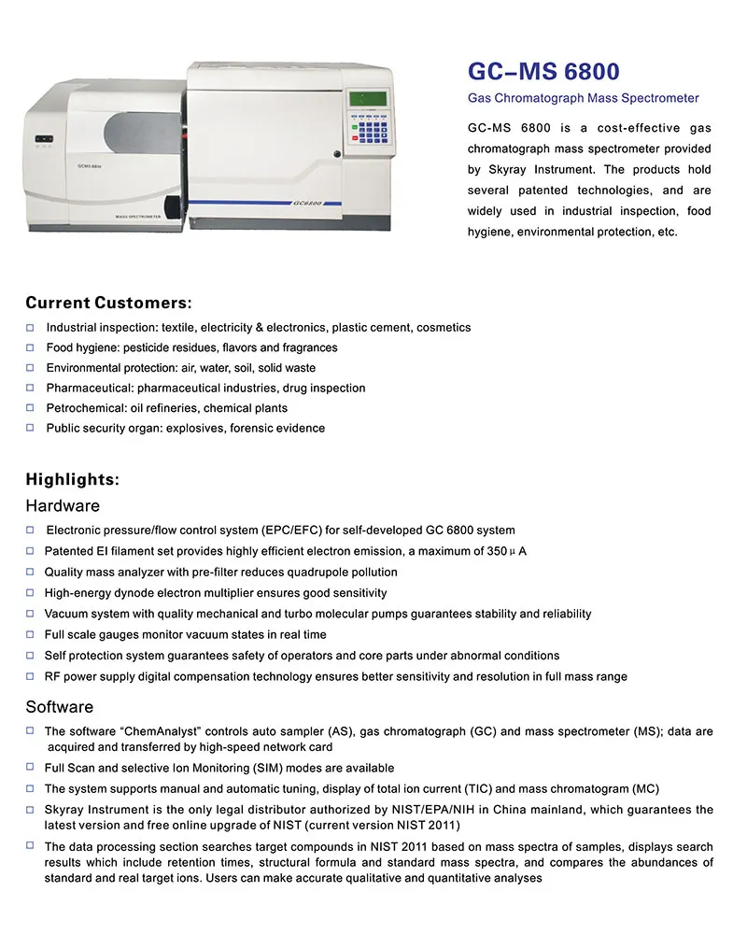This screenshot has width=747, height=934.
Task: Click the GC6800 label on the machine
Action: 307,203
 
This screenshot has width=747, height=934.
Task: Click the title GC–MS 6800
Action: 543,72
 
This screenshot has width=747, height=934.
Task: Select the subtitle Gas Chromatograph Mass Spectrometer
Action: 583,98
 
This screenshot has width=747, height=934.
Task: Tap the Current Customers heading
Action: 108,303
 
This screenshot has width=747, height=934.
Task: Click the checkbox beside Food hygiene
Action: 30,347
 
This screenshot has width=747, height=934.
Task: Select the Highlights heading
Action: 72,480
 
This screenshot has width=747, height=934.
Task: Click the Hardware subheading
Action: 63,505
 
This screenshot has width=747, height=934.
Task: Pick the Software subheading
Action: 59,706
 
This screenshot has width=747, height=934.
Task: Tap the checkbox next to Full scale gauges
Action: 30,634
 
